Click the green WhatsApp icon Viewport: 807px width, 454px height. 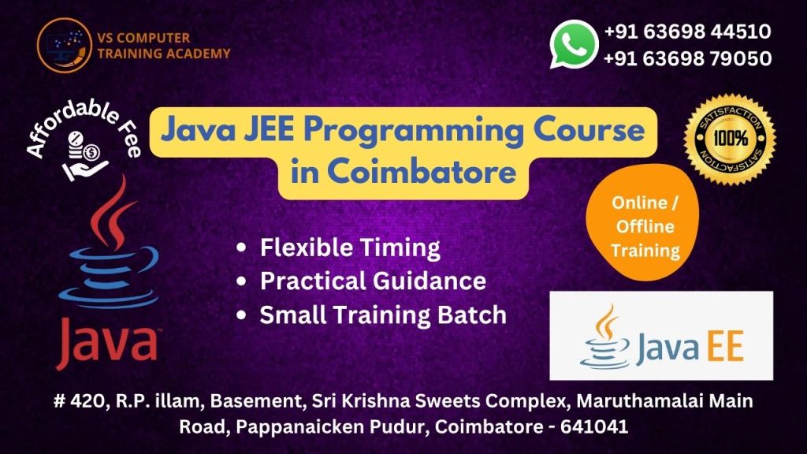tap(574, 44)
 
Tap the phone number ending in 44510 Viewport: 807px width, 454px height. tap(687, 32)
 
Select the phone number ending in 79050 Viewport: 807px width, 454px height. tap(687, 58)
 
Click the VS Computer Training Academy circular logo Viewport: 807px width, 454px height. tap(65, 45)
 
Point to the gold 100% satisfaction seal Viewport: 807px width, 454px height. tap(730, 139)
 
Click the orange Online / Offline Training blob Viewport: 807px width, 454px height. tap(642, 222)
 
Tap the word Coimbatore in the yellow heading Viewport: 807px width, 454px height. tap(422, 170)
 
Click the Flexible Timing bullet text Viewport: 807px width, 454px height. tap(350, 247)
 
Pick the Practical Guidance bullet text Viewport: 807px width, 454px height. tap(373, 281)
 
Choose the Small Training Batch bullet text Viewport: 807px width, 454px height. tap(383, 314)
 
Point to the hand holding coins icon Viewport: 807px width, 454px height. tap(84, 156)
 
